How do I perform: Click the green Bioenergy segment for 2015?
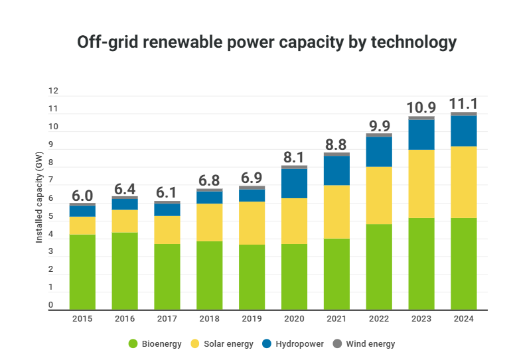point(82,272)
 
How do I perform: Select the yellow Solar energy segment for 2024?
point(464,182)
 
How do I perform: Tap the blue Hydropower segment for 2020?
point(294,184)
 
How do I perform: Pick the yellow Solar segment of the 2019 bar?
point(252,223)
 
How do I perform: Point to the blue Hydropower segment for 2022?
point(379,151)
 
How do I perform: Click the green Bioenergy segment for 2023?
point(421,263)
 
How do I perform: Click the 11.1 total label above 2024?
point(464,104)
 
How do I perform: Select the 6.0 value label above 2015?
point(82,195)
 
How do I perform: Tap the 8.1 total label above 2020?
point(294,157)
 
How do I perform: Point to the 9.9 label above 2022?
point(379,125)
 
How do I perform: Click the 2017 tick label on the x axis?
point(167,319)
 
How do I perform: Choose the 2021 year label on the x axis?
point(336,319)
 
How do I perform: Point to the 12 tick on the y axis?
point(53,91)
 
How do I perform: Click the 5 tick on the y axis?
point(51,216)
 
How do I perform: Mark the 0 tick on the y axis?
point(51,306)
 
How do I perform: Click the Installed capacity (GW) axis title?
point(39,206)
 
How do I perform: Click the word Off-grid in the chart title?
point(108,42)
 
